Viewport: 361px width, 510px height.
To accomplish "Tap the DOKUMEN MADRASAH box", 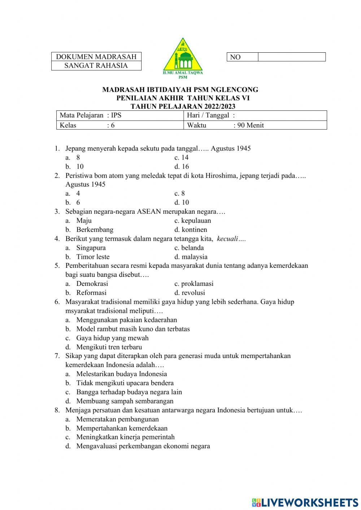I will (96, 57).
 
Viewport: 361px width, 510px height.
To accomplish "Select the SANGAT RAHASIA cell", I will (96, 66).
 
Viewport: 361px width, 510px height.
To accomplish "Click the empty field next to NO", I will (292, 57).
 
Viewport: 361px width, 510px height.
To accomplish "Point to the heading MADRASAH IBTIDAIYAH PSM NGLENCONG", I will (180, 90).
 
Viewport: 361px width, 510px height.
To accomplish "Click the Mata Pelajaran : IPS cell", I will (119, 115).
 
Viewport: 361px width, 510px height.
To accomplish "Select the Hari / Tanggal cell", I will (255, 115).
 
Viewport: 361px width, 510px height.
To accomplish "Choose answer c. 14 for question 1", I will (182, 157).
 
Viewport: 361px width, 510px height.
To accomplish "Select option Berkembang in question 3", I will (95, 230).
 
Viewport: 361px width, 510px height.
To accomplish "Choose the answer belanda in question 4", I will (192, 248).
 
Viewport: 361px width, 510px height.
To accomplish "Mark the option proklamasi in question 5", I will (197, 284).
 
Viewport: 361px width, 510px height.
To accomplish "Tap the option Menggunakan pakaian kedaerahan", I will (126, 320).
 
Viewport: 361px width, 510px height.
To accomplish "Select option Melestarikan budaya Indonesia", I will (121, 374).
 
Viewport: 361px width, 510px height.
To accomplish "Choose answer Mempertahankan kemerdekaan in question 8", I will (122, 428).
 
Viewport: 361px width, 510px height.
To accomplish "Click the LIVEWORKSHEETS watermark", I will (305, 502).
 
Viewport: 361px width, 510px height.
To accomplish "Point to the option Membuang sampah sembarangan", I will (125, 401).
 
